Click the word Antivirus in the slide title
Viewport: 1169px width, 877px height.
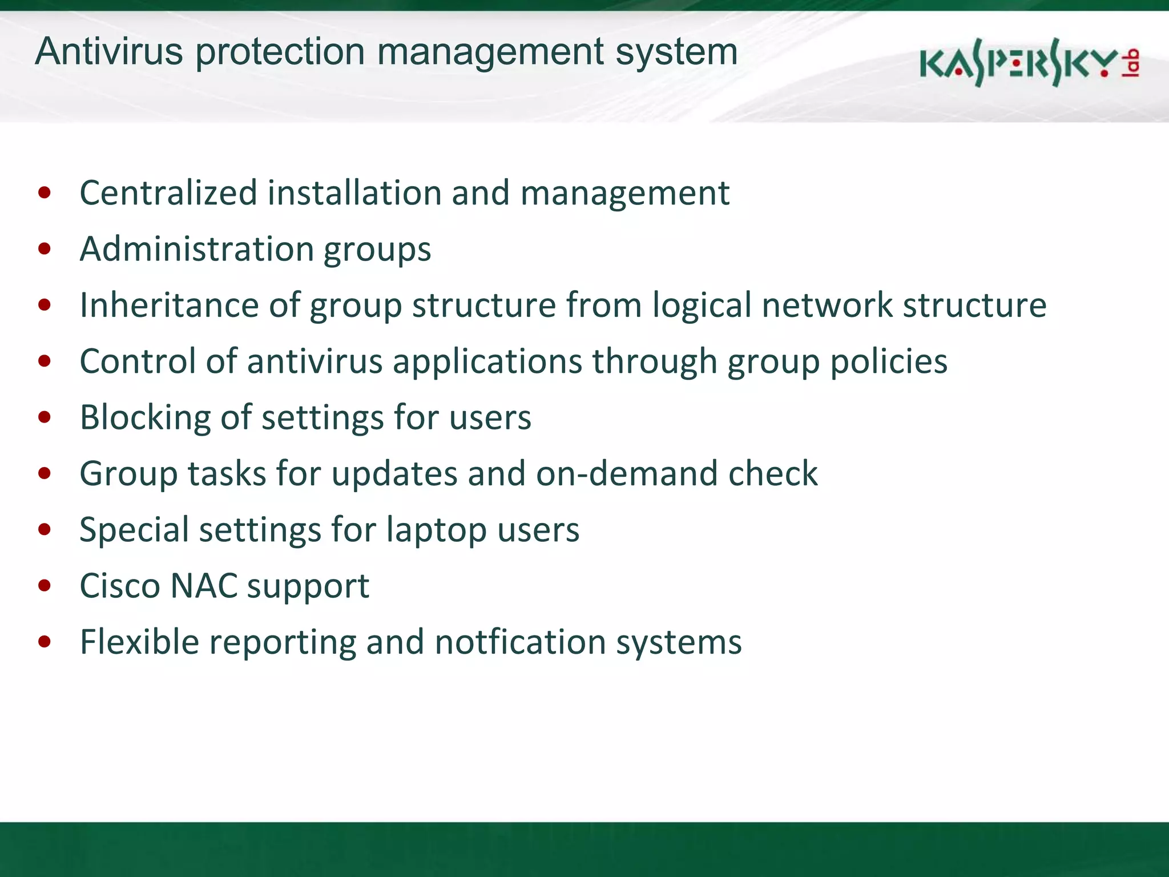pos(109,51)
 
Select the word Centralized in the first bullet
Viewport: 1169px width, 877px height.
pos(168,192)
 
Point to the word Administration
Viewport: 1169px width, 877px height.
pos(197,249)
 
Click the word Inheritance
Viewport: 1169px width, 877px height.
pos(169,305)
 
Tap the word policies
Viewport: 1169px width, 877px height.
pos(889,362)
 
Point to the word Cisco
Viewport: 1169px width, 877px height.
pos(120,586)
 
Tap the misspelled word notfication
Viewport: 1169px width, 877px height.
pos(520,642)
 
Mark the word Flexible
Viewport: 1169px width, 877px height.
pos(139,642)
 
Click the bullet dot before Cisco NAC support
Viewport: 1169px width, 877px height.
pos(45,586)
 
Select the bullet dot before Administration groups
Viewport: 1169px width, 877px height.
pos(45,249)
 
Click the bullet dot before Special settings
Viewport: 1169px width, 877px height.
pos(45,530)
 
